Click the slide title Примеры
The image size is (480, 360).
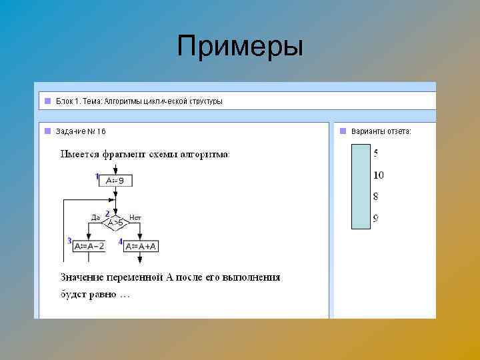pyautogui.click(x=240, y=47)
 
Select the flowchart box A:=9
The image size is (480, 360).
pyautogui.click(x=115, y=180)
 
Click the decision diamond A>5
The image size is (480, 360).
pyautogui.click(x=115, y=221)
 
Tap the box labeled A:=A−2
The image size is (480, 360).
pyautogui.click(x=89, y=245)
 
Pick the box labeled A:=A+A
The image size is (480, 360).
pyautogui.click(x=141, y=245)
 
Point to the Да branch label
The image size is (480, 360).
pyautogui.click(x=95, y=217)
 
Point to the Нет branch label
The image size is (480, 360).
pyautogui.click(x=135, y=217)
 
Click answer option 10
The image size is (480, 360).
pyautogui.click(x=378, y=175)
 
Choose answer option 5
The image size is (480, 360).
pyautogui.click(x=376, y=153)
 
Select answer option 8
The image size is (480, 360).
pyautogui.click(x=376, y=197)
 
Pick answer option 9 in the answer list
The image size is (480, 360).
pyautogui.click(x=376, y=218)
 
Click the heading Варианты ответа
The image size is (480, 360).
pyautogui.click(x=381, y=131)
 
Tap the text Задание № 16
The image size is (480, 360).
pyautogui.click(x=81, y=131)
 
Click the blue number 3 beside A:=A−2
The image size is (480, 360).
pyautogui.click(x=69, y=241)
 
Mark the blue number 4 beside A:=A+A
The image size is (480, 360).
pyautogui.click(x=121, y=241)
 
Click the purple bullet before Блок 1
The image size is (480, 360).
pyautogui.click(x=47, y=101)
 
